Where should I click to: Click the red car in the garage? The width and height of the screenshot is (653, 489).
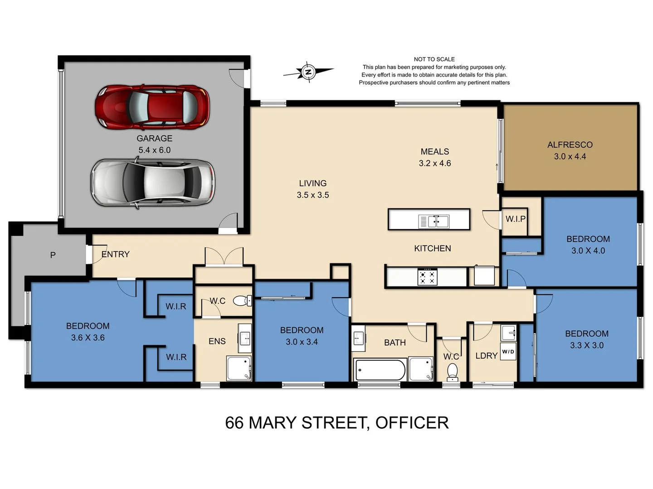(152, 107)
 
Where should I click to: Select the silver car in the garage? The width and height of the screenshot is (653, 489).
(153, 182)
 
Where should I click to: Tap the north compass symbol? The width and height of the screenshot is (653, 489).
(308, 72)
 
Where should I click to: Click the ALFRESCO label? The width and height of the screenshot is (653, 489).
(570, 145)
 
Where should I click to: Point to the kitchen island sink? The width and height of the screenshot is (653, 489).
(434, 221)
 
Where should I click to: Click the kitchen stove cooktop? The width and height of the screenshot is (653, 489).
(427, 277)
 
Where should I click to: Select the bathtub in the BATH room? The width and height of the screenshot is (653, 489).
(380, 370)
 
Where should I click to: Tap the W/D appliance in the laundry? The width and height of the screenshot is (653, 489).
(508, 352)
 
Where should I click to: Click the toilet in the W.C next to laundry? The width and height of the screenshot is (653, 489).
(452, 372)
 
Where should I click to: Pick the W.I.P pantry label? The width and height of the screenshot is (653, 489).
(516, 219)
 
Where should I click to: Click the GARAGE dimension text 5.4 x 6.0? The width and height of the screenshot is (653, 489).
(154, 150)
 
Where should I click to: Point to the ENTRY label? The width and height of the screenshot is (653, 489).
(116, 254)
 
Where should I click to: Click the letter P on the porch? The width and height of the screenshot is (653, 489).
(53, 255)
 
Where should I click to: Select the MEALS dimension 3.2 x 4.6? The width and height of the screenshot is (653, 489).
(434, 163)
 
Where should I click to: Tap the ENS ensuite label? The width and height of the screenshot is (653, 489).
(217, 341)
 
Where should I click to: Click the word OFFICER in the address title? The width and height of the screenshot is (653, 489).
(412, 423)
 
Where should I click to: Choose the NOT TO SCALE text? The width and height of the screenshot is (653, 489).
(434, 59)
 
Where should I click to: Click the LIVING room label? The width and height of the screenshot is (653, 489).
(312, 183)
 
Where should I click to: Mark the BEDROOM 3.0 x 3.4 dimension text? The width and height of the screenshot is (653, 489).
(302, 342)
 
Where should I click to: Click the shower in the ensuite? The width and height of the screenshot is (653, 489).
(239, 368)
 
